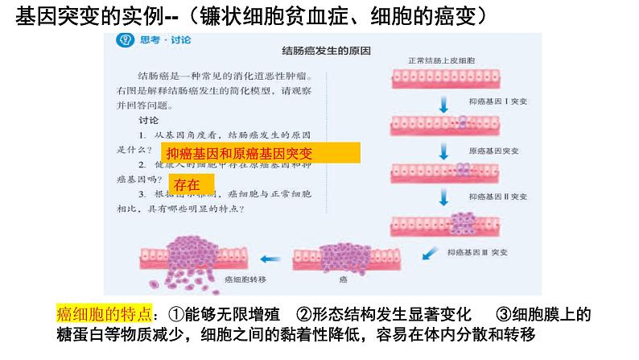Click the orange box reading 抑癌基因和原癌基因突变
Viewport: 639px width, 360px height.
coord(261,153)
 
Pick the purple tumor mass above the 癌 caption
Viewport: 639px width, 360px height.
coord(344,253)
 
